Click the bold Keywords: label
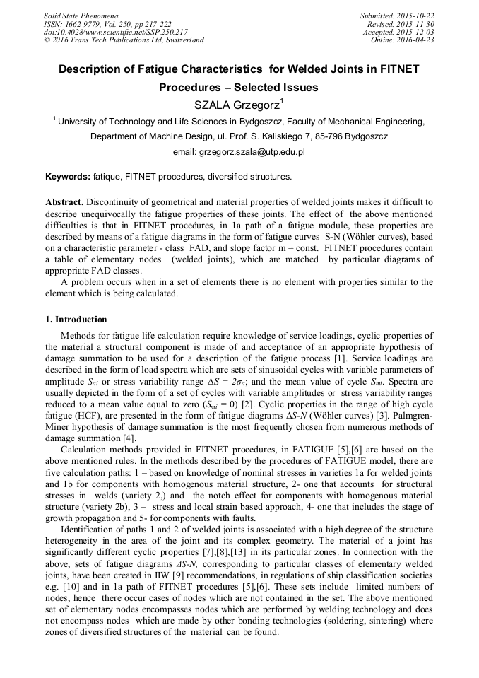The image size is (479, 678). point(67,177)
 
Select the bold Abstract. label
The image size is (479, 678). point(65,202)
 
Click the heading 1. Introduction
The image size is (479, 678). point(76,320)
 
